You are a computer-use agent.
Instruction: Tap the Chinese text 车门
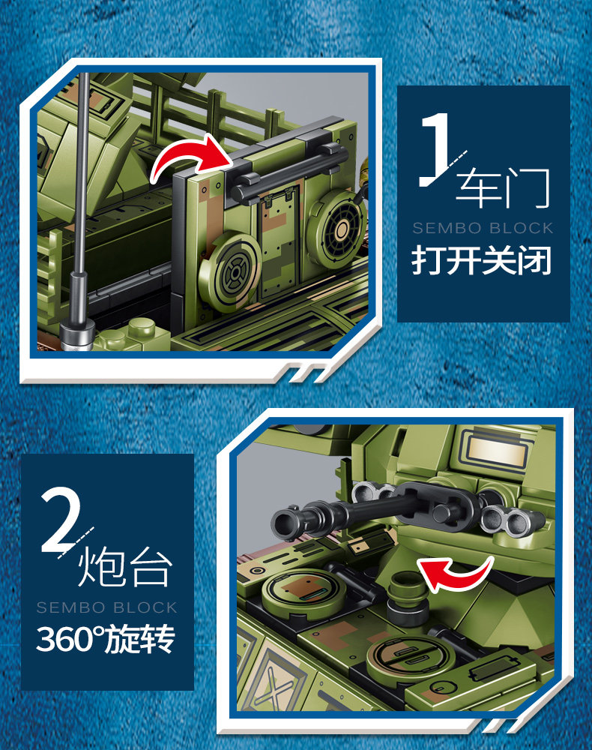[x=503, y=187]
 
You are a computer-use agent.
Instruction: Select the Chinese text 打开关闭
[x=482, y=260]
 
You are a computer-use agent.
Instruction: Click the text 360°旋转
[x=106, y=639]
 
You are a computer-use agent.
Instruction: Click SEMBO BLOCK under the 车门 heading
[x=483, y=228]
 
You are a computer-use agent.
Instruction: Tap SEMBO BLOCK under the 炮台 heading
[x=107, y=607]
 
